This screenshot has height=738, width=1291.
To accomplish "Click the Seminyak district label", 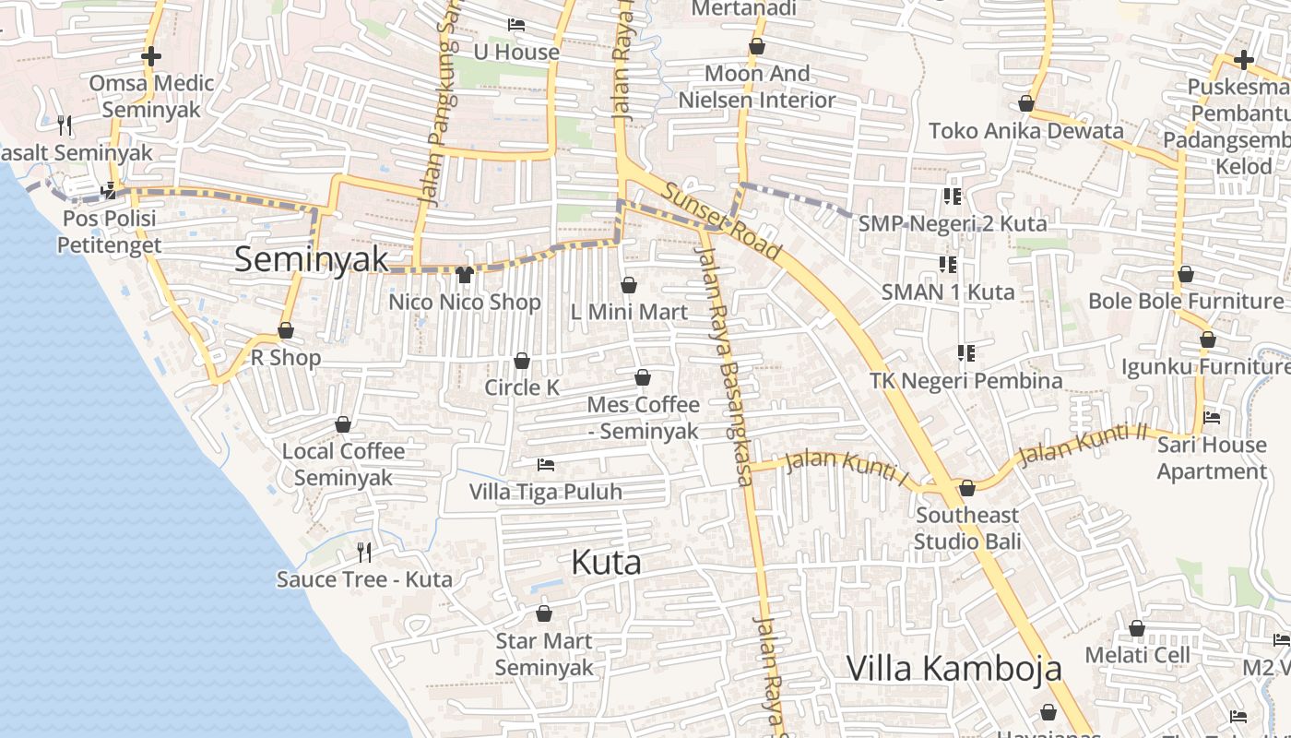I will tap(312, 259).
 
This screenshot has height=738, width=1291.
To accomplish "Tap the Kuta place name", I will tap(606, 562).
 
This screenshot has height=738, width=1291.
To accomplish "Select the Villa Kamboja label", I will tap(953, 668).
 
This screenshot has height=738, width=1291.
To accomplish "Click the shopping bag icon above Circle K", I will tap(522, 361).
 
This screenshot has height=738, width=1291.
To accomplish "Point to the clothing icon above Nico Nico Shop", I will tap(465, 275).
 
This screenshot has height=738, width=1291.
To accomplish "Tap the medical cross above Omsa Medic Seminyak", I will tap(151, 56).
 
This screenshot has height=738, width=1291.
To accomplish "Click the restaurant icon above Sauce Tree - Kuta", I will tap(364, 553).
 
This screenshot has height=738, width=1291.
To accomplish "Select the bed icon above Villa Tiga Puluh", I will tap(546, 465).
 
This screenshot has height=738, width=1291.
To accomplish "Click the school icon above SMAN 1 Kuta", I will tap(947, 266).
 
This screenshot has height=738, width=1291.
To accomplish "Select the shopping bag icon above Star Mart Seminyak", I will tap(544, 613).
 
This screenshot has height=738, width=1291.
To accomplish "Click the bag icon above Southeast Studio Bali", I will tap(967, 488).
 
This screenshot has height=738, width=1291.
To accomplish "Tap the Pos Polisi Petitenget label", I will tap(109, 232).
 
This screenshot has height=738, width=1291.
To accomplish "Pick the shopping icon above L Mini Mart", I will tap(629, 285).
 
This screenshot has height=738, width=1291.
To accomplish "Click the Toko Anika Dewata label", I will tap(1025, 131).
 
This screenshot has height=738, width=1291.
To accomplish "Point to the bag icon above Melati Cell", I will tap(1137, 628).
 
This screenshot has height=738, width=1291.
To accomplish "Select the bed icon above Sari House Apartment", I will tap(1212, 418).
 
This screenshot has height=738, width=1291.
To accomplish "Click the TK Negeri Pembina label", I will tap(965, 380).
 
